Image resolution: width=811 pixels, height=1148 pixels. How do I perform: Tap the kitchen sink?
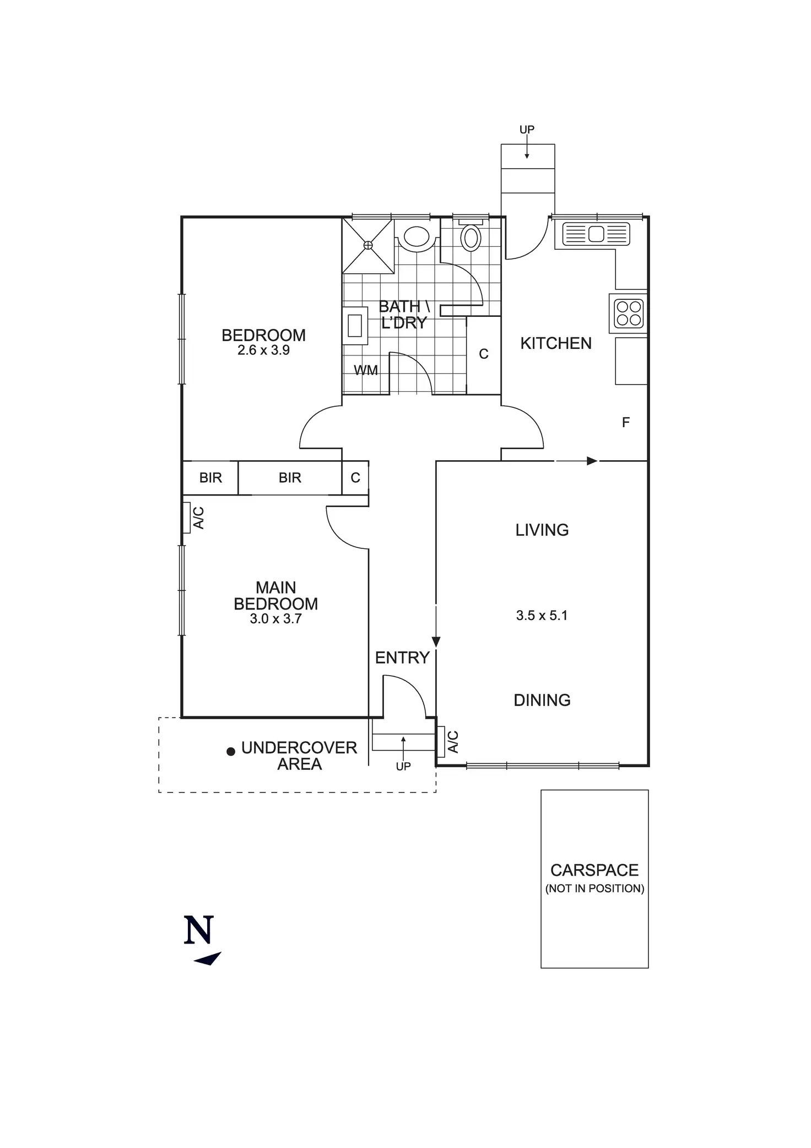click(x=596, y=234)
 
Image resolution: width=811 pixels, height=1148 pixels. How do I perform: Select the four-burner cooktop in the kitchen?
click(x=629, y=314)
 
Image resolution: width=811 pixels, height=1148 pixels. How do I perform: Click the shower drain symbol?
click(x=368, y=245)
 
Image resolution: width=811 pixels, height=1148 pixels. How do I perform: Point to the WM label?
click(x=366, y=370)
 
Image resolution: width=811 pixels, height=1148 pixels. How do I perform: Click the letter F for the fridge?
click(x=625, y=423)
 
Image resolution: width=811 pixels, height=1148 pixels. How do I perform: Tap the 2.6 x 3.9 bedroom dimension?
click(x=263, y=351)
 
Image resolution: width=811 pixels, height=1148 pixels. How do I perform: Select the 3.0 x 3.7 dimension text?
click(x=275, y=619)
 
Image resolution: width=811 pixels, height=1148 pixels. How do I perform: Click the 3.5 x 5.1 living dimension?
click(x=542, y=616)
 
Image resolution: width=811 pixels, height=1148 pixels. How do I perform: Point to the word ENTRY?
click(x=402, y=657)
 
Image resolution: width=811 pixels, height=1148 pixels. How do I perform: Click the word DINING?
click(x=542, y=700)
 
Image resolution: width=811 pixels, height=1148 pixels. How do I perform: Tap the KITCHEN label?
click(x=556, y=343)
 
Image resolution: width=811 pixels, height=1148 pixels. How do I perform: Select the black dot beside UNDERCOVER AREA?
click(x=231, y=751)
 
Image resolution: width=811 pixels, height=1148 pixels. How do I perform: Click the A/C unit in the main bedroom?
click(x=187, y=518)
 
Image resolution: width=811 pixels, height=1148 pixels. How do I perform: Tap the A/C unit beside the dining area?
click(x=441, y=742)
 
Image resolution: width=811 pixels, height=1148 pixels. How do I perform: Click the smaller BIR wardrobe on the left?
click(x=210, y=478)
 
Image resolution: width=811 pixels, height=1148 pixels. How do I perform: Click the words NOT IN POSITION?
click(x=594, y=888)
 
